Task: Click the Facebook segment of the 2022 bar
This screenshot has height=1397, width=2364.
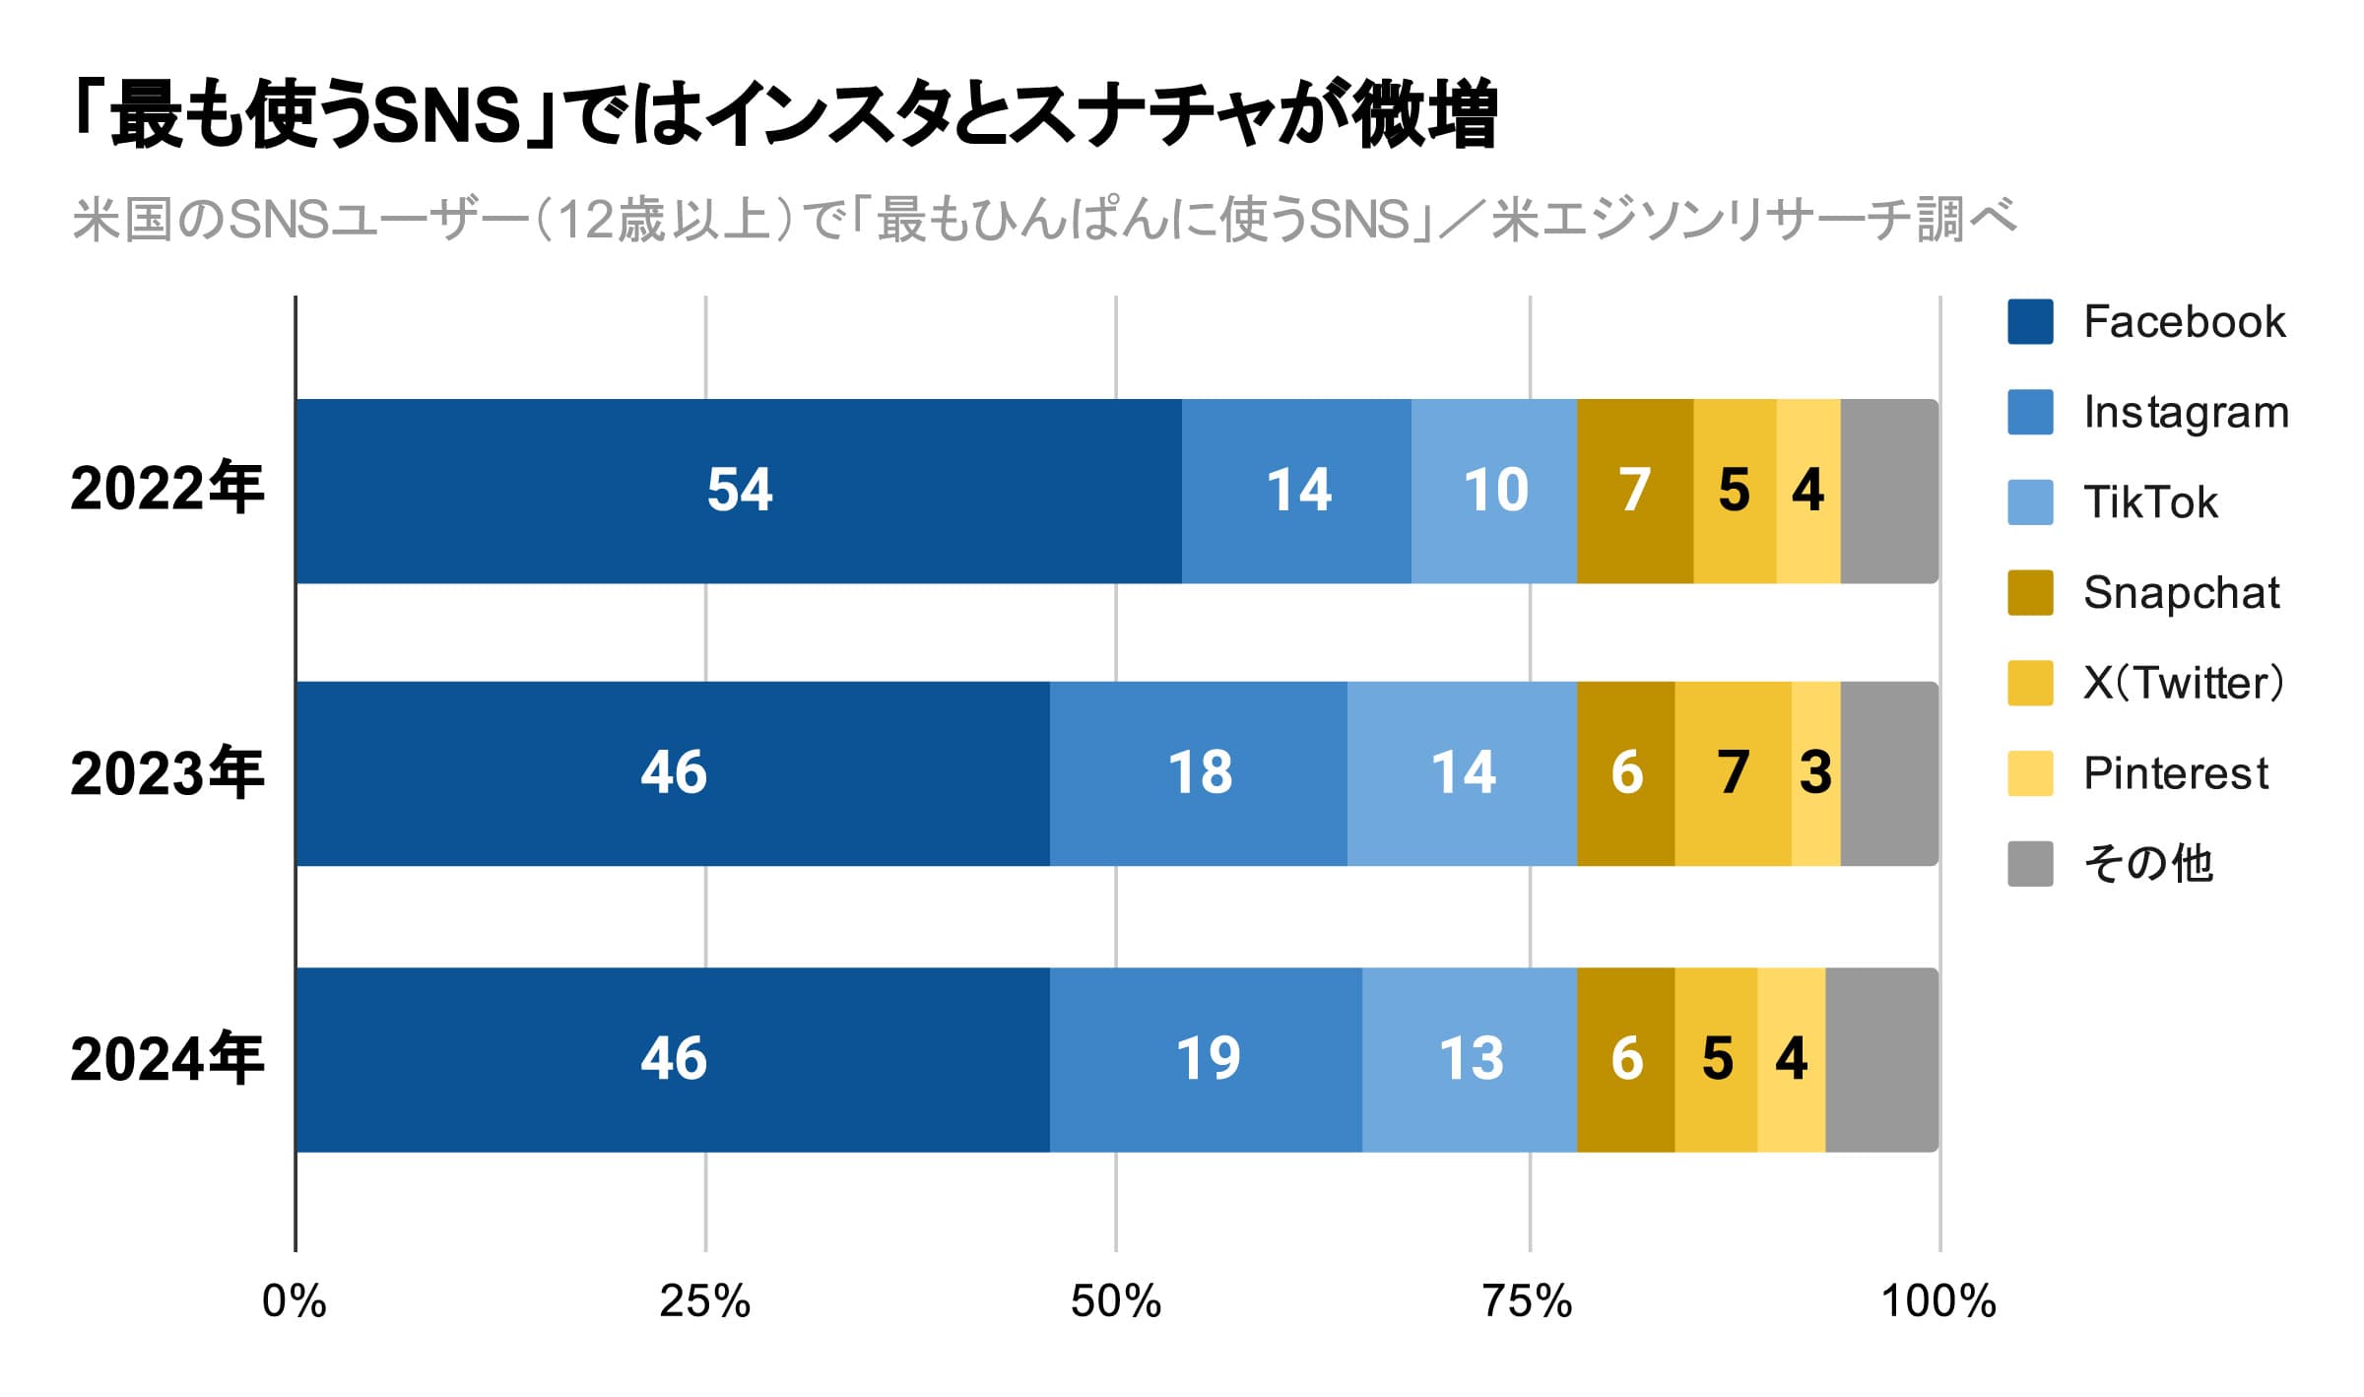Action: (739, 491)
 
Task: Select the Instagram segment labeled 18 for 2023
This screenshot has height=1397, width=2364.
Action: (1198, 773)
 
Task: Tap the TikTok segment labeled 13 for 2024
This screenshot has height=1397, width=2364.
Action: (1470, 1059)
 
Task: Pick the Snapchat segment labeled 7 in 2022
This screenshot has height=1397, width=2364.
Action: (1634, 491)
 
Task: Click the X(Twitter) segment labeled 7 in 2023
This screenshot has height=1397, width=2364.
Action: (1733, 773)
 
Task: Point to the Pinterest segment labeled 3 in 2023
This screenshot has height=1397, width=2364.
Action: (1815, 773)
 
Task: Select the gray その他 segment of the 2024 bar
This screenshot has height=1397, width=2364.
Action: (1881, 1059)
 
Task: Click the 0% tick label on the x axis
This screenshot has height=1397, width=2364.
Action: (294, 1301)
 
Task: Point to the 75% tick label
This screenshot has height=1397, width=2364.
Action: (1528, 1301)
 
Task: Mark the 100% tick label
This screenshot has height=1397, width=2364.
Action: (1937, 1301)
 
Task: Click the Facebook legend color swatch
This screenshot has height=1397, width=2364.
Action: (2030, 321)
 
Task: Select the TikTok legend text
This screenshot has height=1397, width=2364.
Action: (2150, 502)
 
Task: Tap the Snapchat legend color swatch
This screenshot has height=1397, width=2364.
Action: (2030, 592)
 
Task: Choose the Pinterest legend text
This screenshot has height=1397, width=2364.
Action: (2175, 773)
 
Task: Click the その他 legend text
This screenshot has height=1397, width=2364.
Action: (2148, 864)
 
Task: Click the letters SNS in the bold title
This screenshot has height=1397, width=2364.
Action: (447, 116)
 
